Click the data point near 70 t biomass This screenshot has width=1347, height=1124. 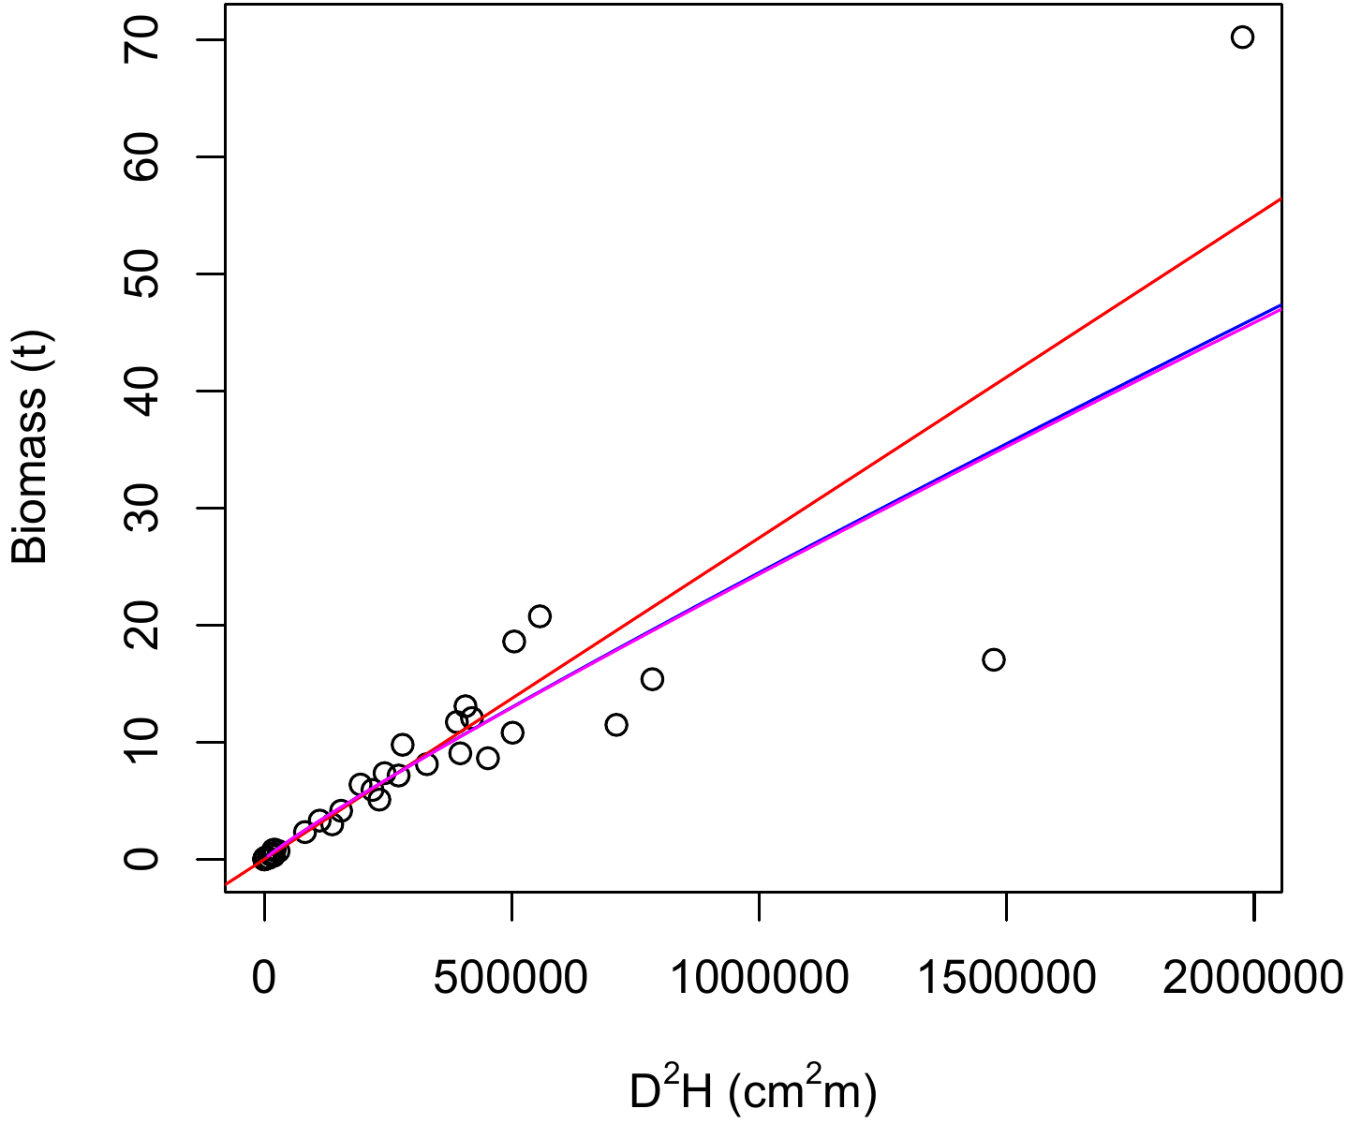tap(1242, 37)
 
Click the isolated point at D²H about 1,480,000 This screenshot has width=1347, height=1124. tap(994, 659)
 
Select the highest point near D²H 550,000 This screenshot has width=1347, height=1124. tap(540, 616)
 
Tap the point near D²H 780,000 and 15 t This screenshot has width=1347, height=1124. tap(652, 679)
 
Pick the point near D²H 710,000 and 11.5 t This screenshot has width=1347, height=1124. tap(616, 724)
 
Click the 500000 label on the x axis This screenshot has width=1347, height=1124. tap(511, 977)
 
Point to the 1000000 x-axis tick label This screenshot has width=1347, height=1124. tap(759, 977)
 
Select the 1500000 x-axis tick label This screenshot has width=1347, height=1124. tap(1006, 977)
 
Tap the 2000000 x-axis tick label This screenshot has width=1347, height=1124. tap(1252, 977)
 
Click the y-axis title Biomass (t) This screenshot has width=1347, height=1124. tap(30, 448)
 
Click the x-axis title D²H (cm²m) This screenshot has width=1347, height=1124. tap(753, 1092)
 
